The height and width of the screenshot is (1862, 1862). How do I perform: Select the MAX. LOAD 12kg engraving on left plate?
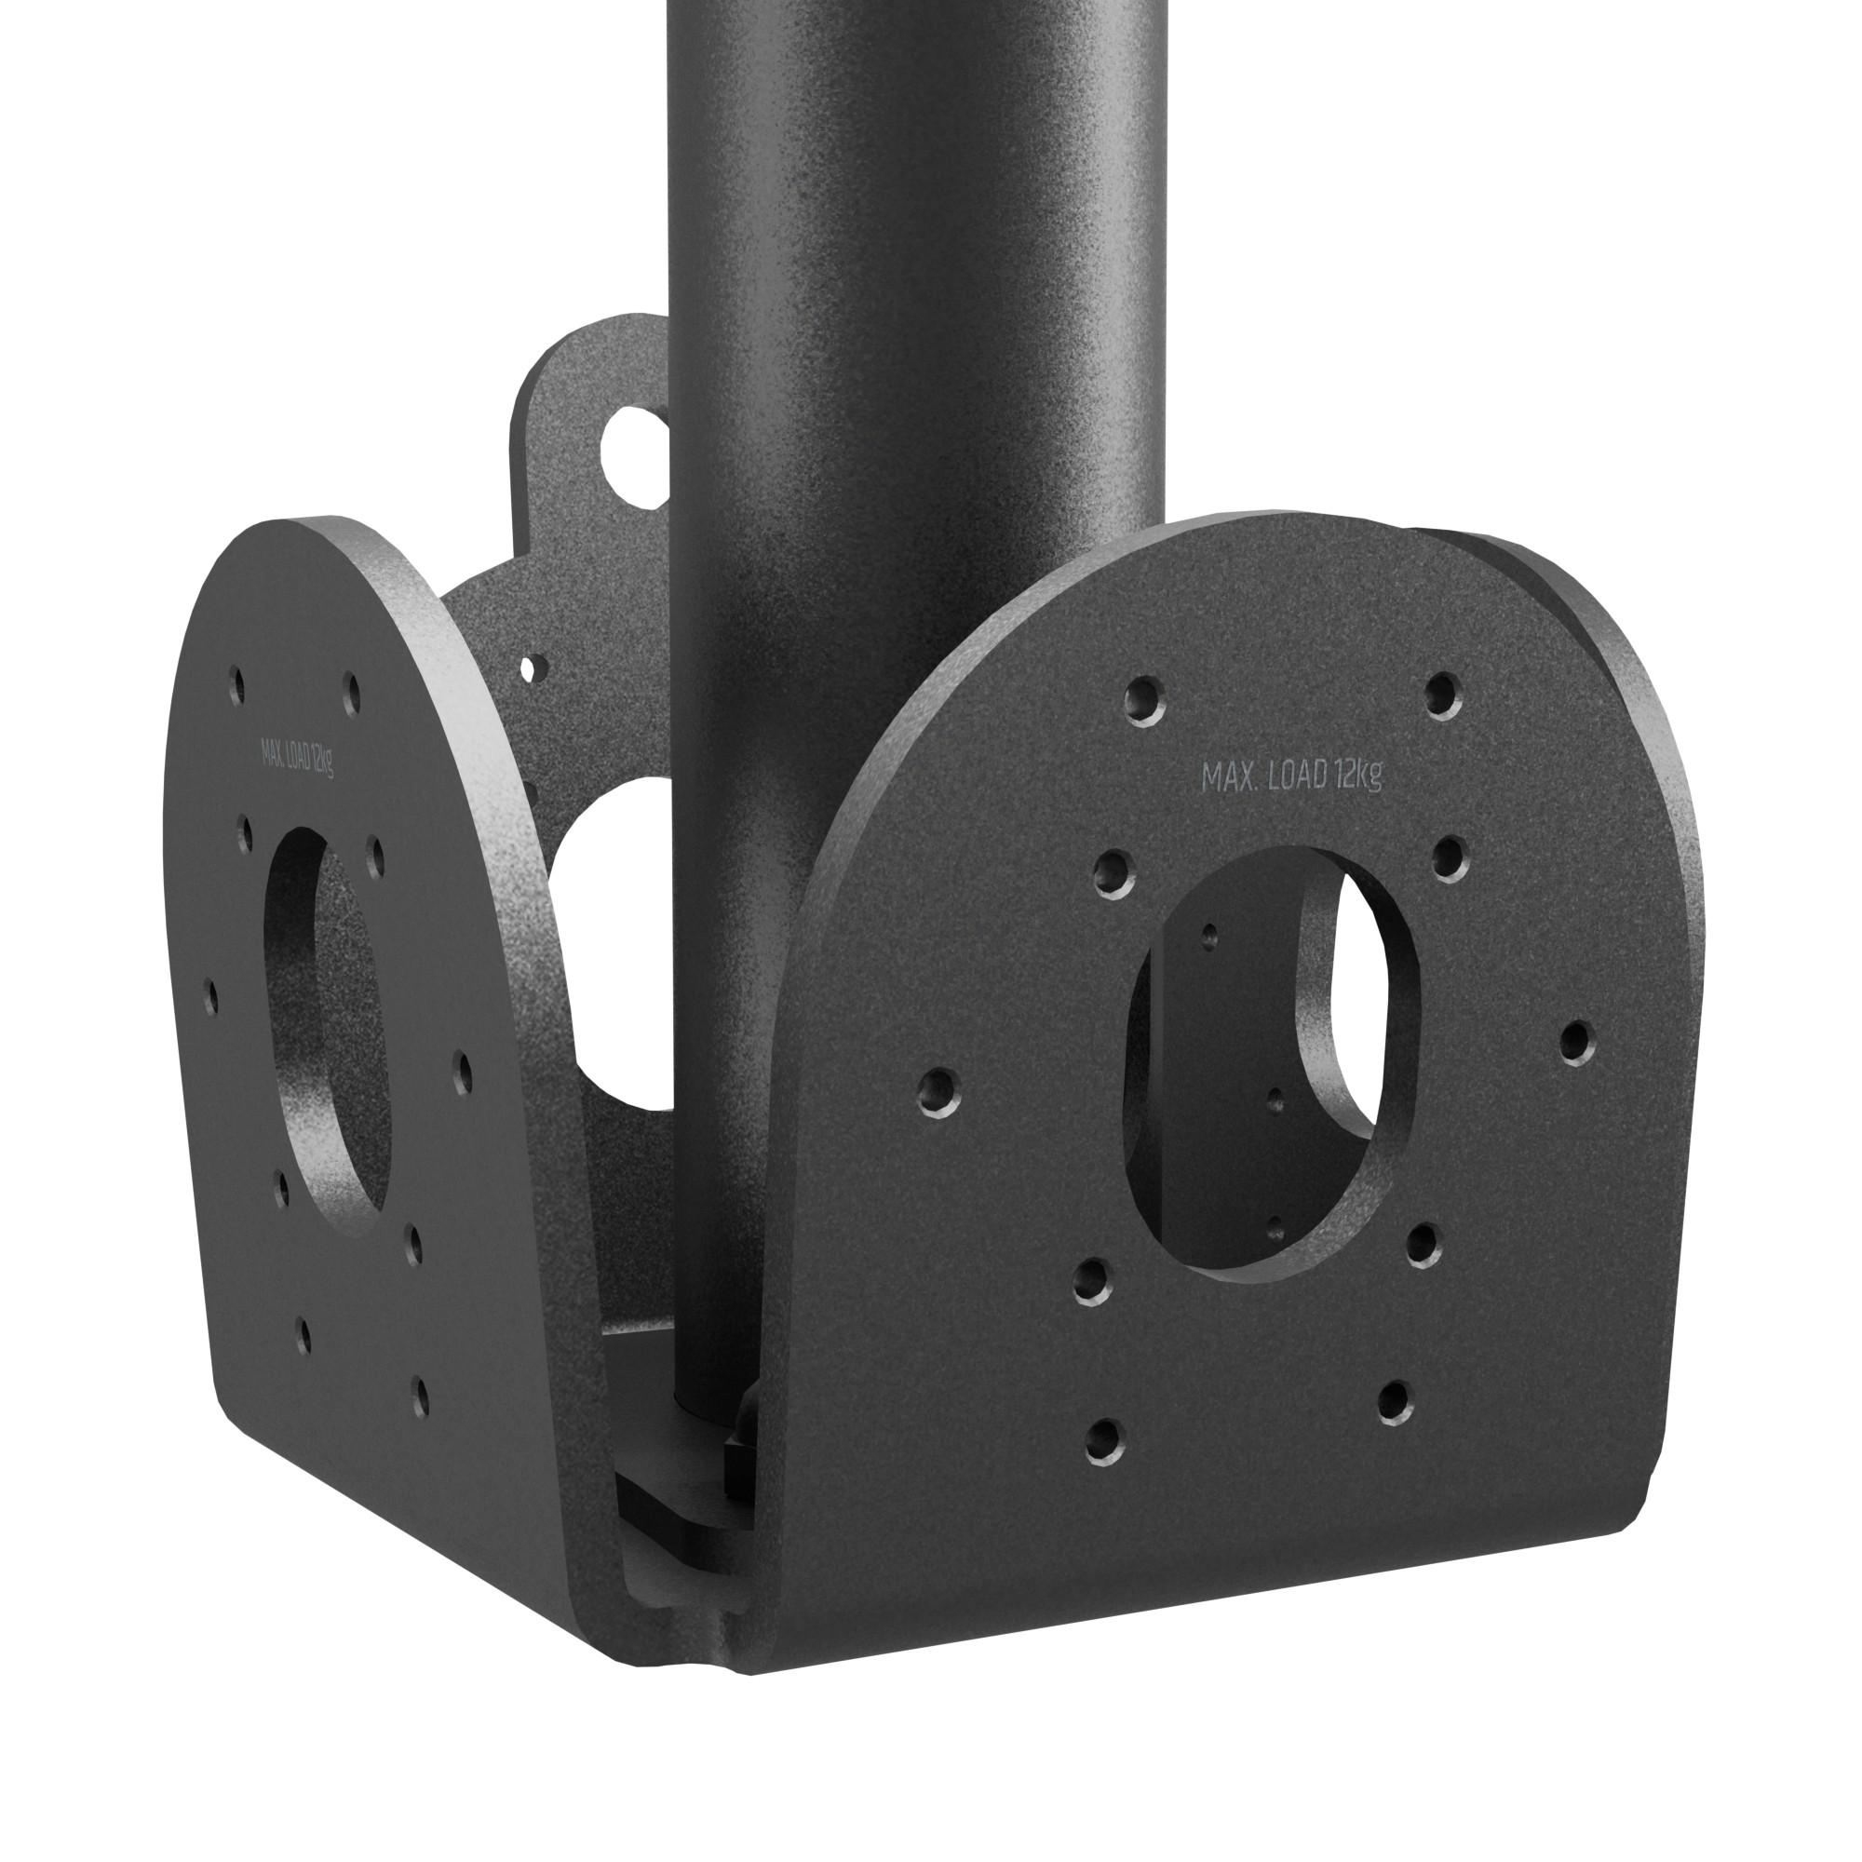point(297,758)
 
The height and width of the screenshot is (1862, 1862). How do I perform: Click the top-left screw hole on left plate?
point(236,684)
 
